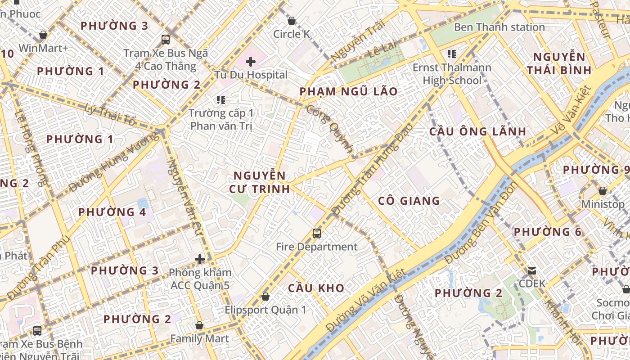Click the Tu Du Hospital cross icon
(x=251, y=62)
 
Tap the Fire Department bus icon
(x=317, y=234)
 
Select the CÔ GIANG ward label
(x=409, y=201)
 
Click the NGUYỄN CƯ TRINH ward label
(x=259, y=182)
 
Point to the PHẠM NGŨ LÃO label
(x=349, y=92)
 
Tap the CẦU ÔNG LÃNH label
(x=477, y=131)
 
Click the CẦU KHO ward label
(x=316, y=288)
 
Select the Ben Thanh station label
(x=499, y=27)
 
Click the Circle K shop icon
(x=292, y=21)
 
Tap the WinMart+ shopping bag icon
(x=43, y=35)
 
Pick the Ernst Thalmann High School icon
(x=452, y=54)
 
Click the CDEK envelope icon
(x=532, y=271)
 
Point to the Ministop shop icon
(x=603, y=191)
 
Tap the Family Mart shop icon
(x=199, y=325)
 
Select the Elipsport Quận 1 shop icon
(x=265, y=297)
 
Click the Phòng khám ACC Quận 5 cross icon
(x=200, y=259)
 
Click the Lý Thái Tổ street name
(x=110, y=114)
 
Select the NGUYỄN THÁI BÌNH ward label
(x=559, y=63)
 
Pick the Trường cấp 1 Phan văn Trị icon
(x=220, y=99)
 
